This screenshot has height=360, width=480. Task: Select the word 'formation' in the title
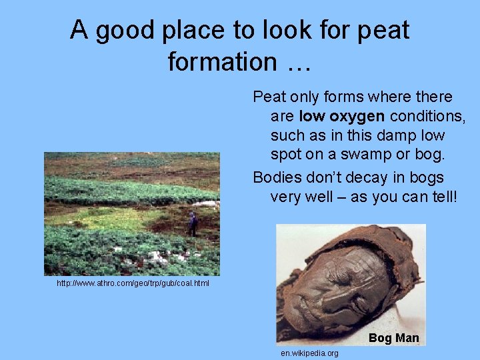221,62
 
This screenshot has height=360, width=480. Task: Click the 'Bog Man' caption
393,338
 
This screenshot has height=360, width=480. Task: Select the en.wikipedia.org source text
309,353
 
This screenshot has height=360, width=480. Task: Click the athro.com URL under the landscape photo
133,283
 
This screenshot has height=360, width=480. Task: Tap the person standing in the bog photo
192,223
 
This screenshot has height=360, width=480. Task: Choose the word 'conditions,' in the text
427,117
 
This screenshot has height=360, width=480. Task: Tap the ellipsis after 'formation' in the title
298,62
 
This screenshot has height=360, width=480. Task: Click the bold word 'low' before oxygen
311,117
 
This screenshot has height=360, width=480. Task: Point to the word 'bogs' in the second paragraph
427,178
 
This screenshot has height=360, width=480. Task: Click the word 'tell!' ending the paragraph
438,197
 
